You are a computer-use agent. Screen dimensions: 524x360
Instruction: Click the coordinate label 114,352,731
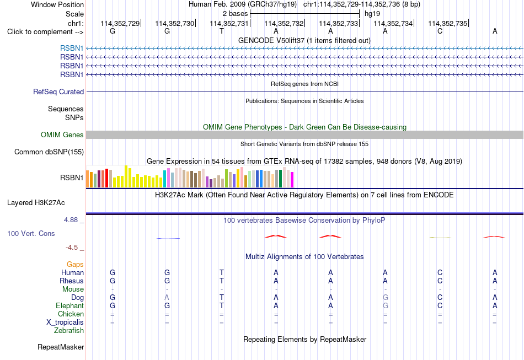click(229, 23)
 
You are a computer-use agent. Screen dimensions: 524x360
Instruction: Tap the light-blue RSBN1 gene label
click(72, 49)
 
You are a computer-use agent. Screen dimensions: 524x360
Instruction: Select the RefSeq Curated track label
click(58, 92)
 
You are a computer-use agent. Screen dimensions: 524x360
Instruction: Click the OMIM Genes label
click(62, 135)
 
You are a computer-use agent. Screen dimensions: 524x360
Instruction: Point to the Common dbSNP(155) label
click(49, 152)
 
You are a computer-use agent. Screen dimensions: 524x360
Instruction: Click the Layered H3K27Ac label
click(36, 203)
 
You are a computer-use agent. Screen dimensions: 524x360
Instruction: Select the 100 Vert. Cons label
click(31, 234)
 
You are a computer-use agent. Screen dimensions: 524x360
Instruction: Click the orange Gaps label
click(75, 265)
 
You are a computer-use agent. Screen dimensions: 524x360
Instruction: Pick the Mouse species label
click(73, 289)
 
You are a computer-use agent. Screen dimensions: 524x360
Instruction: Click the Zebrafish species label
click(69, 331)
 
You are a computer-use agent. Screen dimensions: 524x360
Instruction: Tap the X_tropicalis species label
click(65, 323)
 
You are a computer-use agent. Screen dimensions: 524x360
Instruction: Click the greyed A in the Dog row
click(167, 297)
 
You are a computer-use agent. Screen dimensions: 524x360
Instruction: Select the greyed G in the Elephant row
click(386, 305)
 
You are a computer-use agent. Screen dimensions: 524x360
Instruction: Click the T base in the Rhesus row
click(222, 281)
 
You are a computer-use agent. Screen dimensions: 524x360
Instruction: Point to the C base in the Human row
click(440, 272)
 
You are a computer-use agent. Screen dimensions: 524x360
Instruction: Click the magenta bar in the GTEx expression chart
click(292, 180)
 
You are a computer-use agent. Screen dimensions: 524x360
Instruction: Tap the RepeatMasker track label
click(61, 347)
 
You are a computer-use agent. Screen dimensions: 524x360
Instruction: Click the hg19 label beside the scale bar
click(372, 14)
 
